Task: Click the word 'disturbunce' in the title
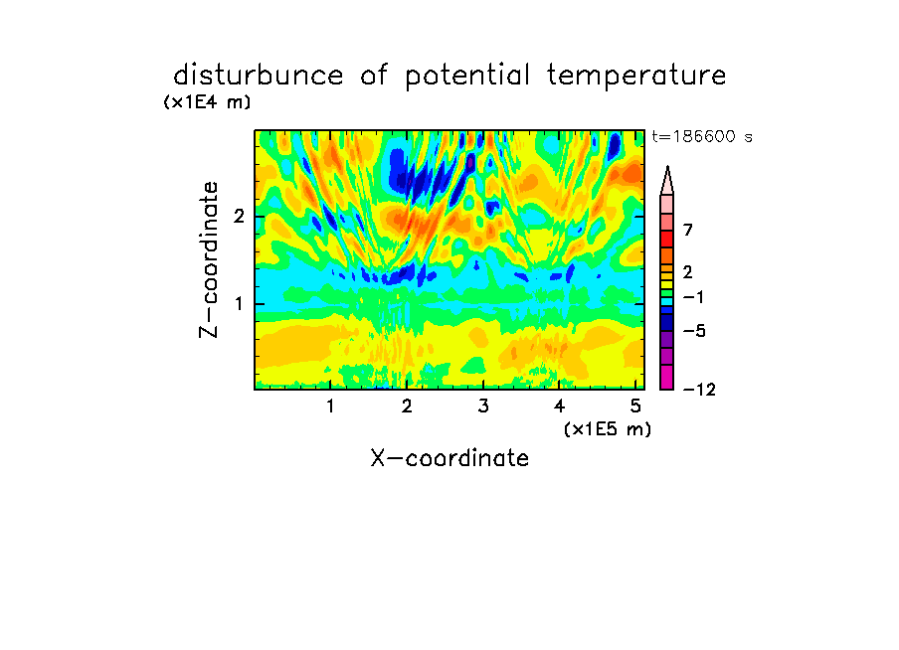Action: pyautogui.click(x=259, y=76)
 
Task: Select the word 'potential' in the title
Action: pyautogui.click(x=467, y=77)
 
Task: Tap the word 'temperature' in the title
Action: pyautogui.click(x=636, y=77)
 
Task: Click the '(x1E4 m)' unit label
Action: pyautogui.click(x=207, y=102)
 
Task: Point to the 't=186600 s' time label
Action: pyautogui.click(x=702, y=136)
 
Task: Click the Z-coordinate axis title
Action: pyautogui.click(x=209, y=259)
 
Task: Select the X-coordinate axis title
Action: pyautogui.click(x=449, y=458)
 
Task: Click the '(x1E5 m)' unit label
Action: pyautogui.click(x=608, y=429)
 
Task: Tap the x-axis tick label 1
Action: pyautogui.click(x=330, y=406)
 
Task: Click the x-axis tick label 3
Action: pyautogui.click(x=483, y=406)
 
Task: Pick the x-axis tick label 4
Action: pyautogui.click(x=560, y=406)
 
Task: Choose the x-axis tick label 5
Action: pyautogui.click(x=635, y=406)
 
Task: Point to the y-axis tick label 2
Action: pyautogui.click(x=239, y=217)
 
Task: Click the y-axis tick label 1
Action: pyautogui.click(x=239, y=304)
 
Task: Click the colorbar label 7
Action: pyautogui.click(x=688, y=230)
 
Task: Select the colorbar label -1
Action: pyautogui.click(x=693, y=297)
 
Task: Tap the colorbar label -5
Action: pyautogui.click(x=694, y=331)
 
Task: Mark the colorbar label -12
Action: pyautogui.click(x=699, y=390)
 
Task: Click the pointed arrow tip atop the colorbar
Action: pyautogui.click(x=667, y=167)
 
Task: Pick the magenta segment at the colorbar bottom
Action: pyautogui.click(x=667, y=377)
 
